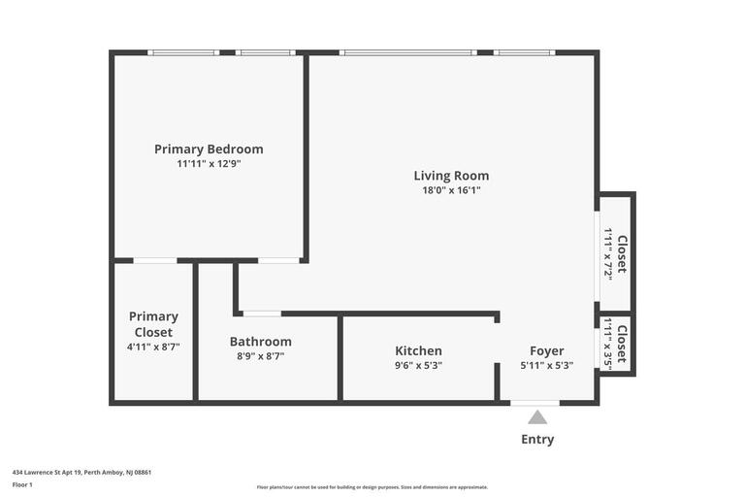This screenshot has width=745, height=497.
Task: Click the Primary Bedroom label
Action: (x=209, y=149)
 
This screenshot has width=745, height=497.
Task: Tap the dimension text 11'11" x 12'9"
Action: (x=210, y=164)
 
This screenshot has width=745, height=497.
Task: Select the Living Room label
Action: (x=451, y=176)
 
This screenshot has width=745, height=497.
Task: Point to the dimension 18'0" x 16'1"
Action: (x=451, y=190)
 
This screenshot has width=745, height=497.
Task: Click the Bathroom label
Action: (x=260, y=342)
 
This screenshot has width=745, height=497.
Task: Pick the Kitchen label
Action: (x=419, y=351)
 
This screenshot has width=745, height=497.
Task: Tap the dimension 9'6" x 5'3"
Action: (x=419, y=365)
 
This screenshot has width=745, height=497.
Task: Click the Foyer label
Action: (x=547, y=351)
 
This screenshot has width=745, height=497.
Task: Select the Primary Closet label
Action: (x=153, y=324)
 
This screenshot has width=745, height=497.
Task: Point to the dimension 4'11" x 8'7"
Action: (x=153, y=347)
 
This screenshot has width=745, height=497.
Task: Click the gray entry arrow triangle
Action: (x=537, y=417)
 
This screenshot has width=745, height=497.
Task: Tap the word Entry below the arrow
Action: (x=537, y=440)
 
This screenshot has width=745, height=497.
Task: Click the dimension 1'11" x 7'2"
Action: (x=607, y=254)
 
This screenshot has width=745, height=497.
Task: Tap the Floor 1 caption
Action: (x=22, y=485)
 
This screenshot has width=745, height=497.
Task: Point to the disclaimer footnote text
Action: (x=372, y=487)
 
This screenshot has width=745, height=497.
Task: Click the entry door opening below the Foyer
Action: (x=535, y=403)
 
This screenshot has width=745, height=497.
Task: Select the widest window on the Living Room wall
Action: (x=407, y=52)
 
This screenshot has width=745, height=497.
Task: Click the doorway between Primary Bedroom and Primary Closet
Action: (x=155, y=260)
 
